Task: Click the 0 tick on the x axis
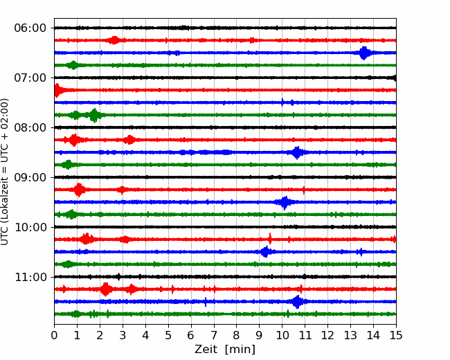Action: [55, 336]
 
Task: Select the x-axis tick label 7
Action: [214, 336]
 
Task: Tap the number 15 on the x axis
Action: [395, 336]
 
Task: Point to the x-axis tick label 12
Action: [327, 336]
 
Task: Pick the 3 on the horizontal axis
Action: [123, 336]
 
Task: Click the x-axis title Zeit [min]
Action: [224, 350]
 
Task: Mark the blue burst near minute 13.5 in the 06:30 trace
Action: [364, 53]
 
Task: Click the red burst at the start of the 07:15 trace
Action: [57, 90]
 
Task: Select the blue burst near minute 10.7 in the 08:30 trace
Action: [297, 152]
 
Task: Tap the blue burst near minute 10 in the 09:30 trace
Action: [283, 202]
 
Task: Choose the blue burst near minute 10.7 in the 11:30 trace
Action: [298, 302]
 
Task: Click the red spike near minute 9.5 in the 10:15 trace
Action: [270, 240]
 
